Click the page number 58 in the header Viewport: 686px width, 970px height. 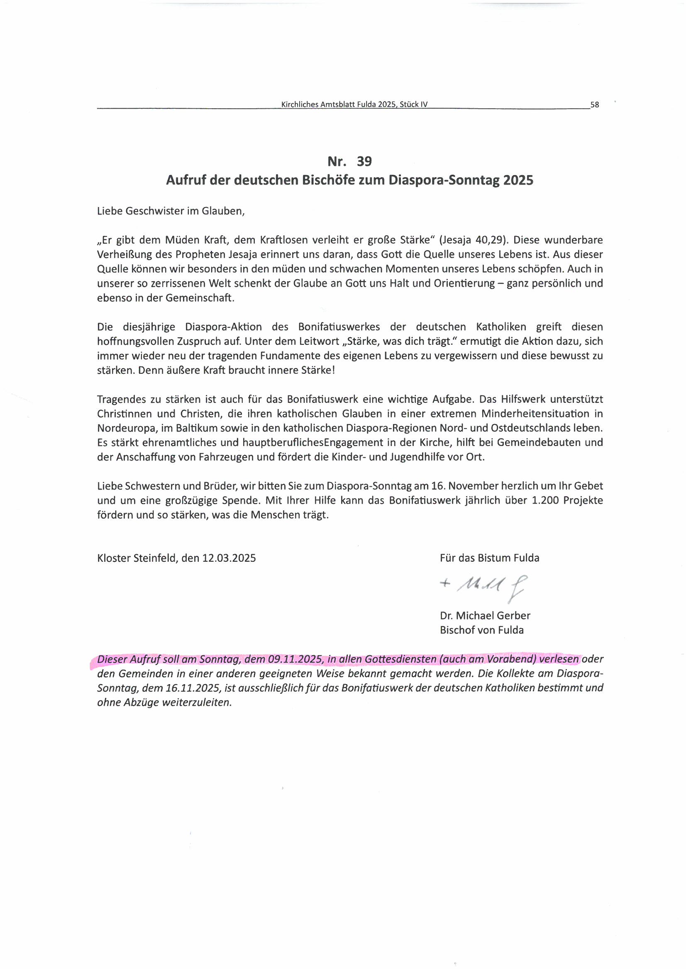(594, 105)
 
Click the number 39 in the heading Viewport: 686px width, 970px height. (364, 161)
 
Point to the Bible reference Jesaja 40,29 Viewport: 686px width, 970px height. (473, 240)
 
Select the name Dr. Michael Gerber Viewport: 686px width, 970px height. (485, 616)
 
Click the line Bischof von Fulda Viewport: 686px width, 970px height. (481, 630)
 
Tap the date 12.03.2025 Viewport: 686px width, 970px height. (229, 558)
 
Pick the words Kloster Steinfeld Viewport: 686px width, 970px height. (136, 558)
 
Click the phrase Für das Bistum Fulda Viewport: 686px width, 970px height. (489, 558)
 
